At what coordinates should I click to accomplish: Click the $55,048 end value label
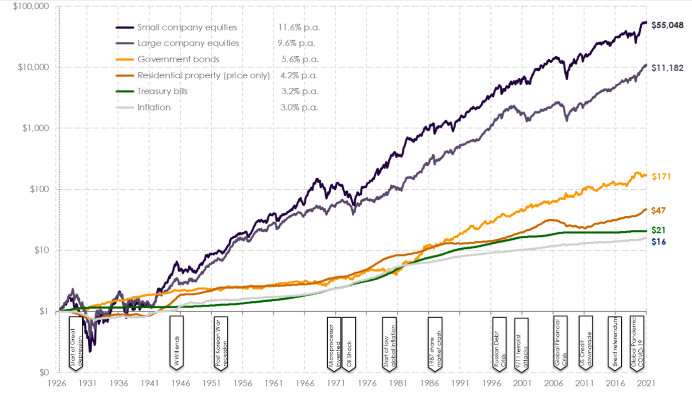(x=667, y=25)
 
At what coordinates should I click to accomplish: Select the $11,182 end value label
(x=667, y=67)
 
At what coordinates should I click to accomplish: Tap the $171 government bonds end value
(x=661, y=177)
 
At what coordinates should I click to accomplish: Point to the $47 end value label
(x=658, y=211)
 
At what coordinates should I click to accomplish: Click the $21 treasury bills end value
(x=658, y=230)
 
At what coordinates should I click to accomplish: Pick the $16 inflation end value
(x=658, y=241)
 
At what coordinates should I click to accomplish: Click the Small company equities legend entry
(x=187, y=27)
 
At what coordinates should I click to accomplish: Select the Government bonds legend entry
(x=178, y=59)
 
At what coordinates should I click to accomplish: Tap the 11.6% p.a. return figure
(x=299, y=27)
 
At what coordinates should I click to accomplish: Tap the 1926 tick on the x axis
(x=59, y=383)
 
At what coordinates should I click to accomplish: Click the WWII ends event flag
(x=177, y=342)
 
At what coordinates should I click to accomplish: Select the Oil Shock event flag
(x=349, y=342)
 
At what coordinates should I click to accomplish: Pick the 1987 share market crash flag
(x=435, y=342)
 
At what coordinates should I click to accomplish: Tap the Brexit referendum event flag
(x=615, y=342)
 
